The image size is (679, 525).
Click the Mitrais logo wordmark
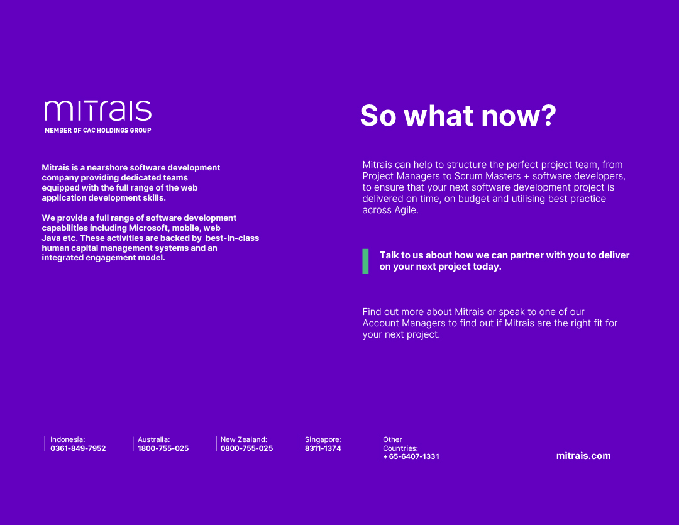[98, 111]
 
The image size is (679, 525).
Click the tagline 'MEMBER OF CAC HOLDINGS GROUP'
[98, 130]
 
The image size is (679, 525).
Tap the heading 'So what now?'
[458, 116]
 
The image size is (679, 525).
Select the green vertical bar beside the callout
[365, 261]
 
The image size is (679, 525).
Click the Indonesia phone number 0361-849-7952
[78, 448]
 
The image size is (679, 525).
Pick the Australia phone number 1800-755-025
[163, 448]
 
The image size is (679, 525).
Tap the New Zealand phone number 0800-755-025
[247, 448]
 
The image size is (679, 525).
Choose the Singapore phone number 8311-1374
[323, 448]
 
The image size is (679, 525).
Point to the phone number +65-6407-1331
[411, 456]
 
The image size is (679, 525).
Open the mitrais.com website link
[583, 456]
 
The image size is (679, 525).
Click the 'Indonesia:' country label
[67, 439]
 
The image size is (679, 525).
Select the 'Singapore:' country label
[324, 439]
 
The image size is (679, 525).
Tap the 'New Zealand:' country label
[244, 439]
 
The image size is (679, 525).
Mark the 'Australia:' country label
[154, 439]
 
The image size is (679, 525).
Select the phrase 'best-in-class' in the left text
[232, 238]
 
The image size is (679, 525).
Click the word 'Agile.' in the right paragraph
[406, 210]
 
